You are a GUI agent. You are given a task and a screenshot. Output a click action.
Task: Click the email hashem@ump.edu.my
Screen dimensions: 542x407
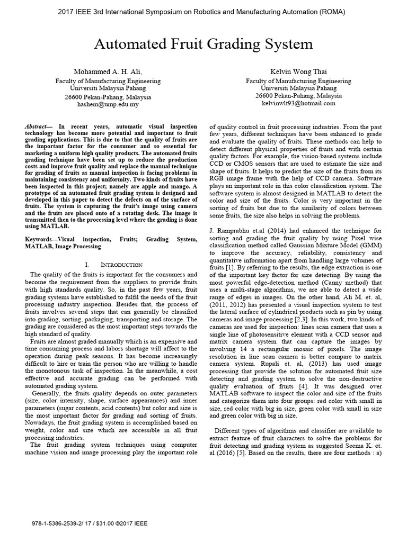(x=108, y=105)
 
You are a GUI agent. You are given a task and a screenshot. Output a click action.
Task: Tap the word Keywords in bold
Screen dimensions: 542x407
(x=41, y=239)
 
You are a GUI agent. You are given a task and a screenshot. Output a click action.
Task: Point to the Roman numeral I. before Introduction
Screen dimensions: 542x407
(x=87, y=265)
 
